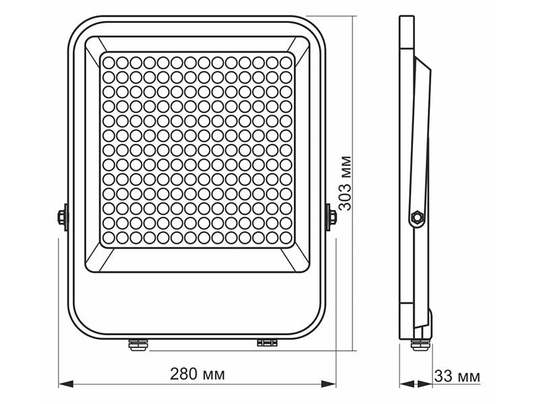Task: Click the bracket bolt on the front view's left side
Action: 62,217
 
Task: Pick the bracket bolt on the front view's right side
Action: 331,217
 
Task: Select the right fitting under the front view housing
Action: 266,343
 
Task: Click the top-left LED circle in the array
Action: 110,62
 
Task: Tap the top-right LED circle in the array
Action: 286,62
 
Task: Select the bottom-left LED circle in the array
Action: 110,238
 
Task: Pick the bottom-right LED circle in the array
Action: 286,238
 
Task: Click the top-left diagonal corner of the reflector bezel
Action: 94,46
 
